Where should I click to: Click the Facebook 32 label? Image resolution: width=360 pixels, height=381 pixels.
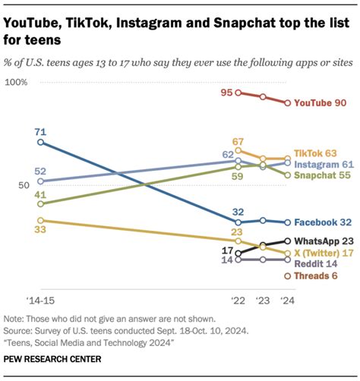point(323,222)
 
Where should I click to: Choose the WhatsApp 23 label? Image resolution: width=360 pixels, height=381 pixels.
point(324,240)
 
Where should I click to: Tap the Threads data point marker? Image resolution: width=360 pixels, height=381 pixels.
point(287,276)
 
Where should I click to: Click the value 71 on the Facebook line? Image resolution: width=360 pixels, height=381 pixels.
point(40,132)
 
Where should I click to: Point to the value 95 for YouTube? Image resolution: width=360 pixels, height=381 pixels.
point(226,93)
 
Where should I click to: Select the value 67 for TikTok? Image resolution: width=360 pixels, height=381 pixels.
point(238,141)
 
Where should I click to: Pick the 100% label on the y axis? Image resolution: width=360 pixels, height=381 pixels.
point(17,81)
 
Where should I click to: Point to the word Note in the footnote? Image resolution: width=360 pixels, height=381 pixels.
point(14,320)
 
